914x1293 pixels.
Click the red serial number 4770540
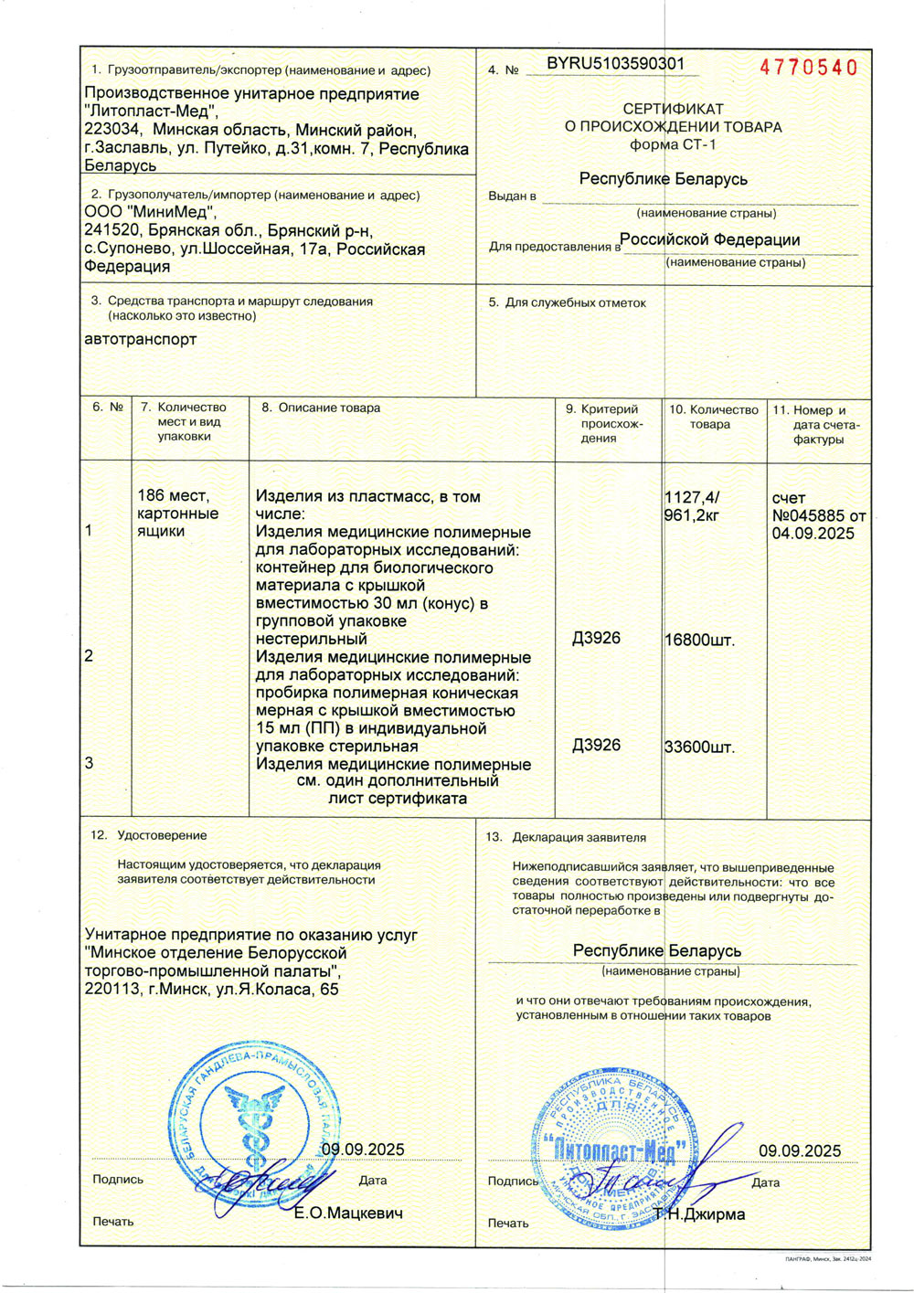809,68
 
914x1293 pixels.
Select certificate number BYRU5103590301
615,64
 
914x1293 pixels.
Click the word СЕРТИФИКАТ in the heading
673,109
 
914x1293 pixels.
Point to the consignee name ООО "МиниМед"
151,213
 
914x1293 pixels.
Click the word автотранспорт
141,339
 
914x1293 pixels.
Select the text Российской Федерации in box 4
712,239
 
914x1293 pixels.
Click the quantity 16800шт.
699,640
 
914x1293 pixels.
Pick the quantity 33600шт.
699,747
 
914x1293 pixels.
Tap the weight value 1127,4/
692,497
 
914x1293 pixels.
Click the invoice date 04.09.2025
813,534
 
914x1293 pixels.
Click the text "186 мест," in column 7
174,495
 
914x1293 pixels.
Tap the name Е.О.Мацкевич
348,1214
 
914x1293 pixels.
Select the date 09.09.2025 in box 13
800,1151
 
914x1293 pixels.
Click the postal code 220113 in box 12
112,988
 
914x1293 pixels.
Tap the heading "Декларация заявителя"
579,837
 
